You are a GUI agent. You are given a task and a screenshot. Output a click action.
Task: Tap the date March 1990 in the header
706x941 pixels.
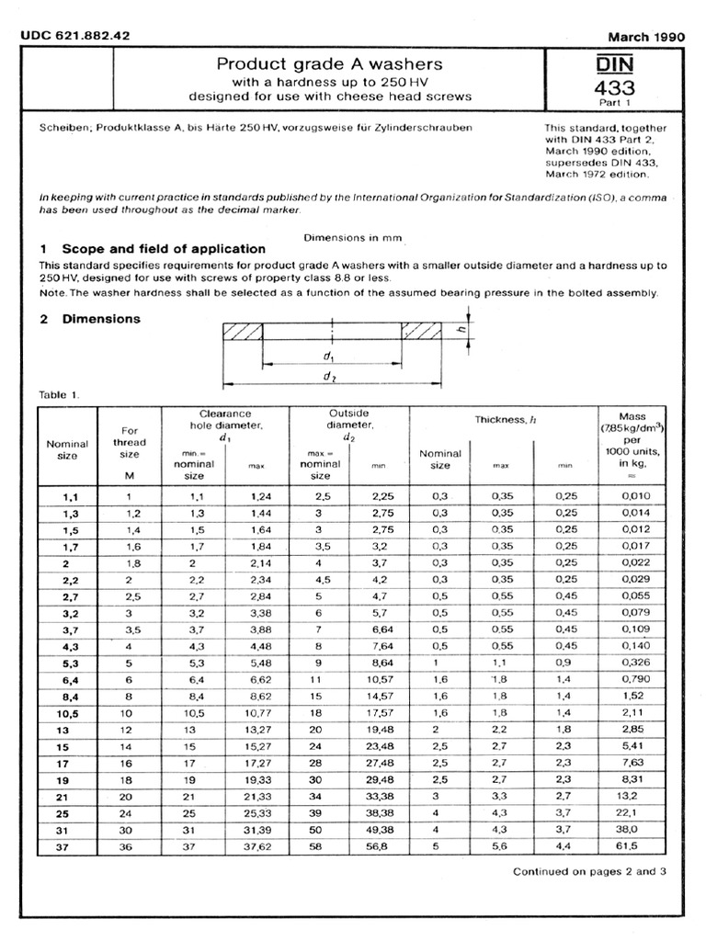point(647,37)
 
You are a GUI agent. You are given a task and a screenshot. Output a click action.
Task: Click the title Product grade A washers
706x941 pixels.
point(329,63)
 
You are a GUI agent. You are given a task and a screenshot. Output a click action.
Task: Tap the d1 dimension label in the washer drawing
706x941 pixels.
point(328,354)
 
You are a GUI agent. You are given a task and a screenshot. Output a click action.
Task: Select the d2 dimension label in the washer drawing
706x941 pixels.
point(328,377)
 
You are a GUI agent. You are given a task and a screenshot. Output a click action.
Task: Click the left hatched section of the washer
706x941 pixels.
point(242,331)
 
